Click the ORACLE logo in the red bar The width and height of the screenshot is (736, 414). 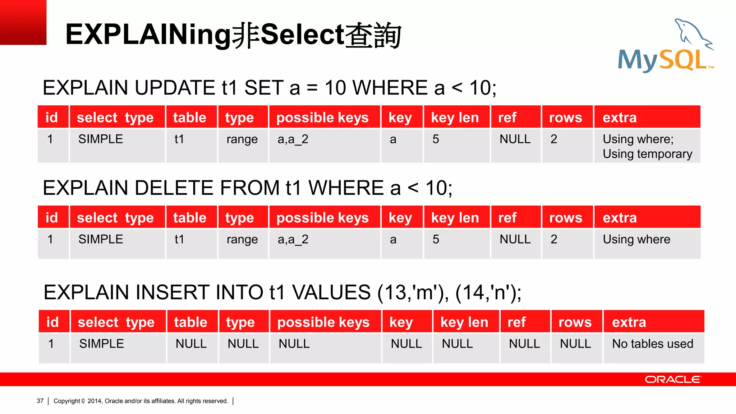[672, 379]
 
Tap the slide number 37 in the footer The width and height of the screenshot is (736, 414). [40, 401]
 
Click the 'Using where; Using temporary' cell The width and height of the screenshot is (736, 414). [647, 146]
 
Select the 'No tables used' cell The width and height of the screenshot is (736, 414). [653, 344]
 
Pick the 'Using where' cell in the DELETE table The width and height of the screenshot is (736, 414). [636, 239]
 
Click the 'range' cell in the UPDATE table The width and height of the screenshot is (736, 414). [242, 139]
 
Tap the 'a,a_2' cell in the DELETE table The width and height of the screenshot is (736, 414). [293, 239]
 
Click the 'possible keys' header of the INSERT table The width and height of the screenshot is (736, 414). [323, 322]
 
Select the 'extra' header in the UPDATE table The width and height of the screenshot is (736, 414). [620, 118]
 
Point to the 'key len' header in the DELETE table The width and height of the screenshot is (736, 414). [455, 218]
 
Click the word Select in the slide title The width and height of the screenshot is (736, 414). [302, 35]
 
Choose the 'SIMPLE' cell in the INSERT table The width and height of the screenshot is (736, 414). [102, 344]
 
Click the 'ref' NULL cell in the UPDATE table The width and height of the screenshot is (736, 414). [515, 139]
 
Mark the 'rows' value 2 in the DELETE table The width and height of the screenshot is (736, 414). [554, 239]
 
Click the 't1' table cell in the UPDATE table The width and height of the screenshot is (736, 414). [179, 139]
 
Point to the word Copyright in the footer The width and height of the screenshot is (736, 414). [67, 401]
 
